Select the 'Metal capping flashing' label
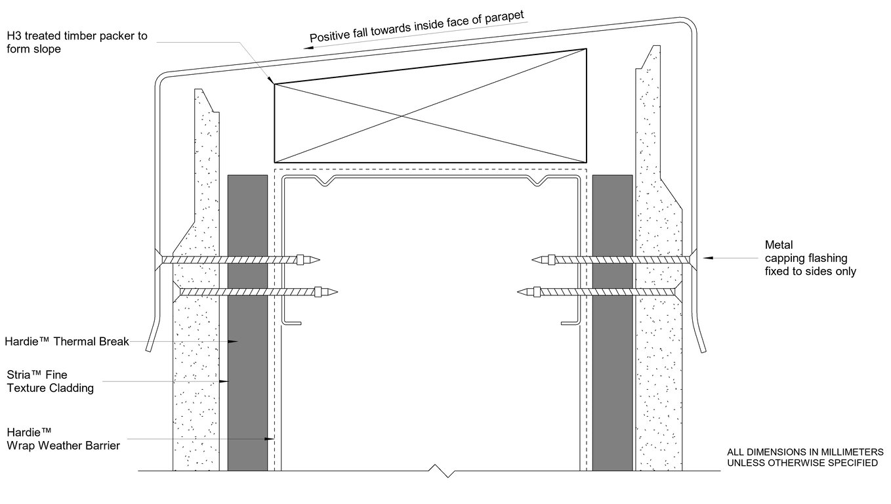810,258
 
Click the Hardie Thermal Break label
66,341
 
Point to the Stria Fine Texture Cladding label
50,381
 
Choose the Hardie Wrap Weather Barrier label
63,440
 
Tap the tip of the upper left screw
320,260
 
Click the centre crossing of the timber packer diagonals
401,118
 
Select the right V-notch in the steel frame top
539,180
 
